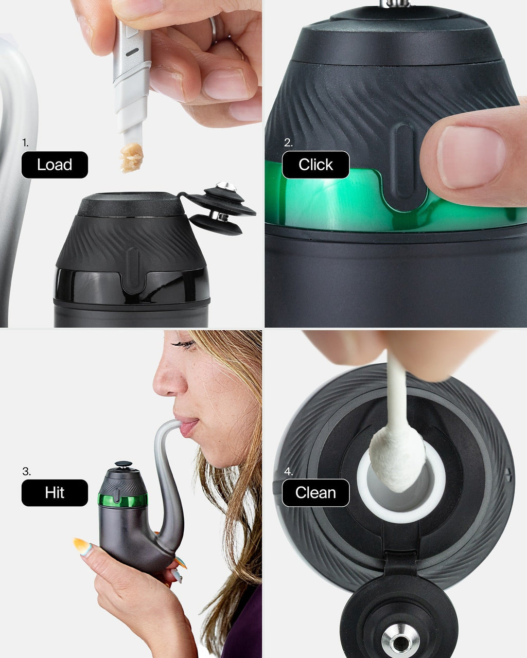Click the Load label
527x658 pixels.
tap(55, 165)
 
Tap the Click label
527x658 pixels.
tap(315, 165)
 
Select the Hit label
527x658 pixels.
tap(55, 492)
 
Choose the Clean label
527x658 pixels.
tap(315, 492)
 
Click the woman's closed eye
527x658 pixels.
tap(184, 344)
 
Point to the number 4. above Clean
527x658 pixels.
tap(288, 471)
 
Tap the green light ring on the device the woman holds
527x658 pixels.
tap(122, 500)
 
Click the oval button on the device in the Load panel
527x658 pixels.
tap(132, 268)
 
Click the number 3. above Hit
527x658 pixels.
tap(26, 471)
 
